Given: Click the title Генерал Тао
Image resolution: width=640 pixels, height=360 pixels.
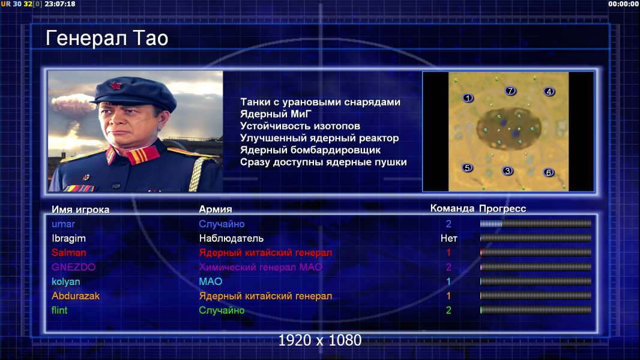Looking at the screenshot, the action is coord(107,38).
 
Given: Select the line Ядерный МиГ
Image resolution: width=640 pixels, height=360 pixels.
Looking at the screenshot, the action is coord(276,114).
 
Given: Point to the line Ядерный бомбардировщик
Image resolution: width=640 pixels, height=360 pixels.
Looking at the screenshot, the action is coord(310,150).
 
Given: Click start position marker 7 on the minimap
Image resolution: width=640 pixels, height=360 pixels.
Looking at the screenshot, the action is coord(510,91).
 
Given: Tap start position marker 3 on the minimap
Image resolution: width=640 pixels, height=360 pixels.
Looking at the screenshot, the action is coord(507,171).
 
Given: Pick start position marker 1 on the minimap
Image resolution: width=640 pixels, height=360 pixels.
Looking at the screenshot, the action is coord(468,98).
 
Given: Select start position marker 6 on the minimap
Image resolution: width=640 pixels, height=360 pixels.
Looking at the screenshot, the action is coord(549,172).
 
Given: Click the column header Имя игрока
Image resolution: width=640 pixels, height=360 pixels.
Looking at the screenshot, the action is coord(80,209).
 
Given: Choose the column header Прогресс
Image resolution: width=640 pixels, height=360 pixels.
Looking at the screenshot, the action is coord(503,209).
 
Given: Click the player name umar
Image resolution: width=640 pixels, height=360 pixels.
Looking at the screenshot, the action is coord(63,224).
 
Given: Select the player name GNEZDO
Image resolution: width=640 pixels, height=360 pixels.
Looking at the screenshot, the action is coord(73,267).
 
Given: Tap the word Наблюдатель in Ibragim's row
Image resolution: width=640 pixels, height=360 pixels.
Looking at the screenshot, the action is coord(231,239).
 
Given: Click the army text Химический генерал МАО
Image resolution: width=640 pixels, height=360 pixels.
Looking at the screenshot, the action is coord(261,267).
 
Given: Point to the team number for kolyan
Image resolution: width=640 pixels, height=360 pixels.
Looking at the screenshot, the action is coord(448,281).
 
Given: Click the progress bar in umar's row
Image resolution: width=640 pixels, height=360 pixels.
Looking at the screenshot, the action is coord(536,223).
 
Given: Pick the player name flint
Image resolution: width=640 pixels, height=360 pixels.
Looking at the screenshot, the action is coord(59,310).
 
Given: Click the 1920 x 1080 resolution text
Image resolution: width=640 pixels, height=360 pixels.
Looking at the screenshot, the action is coord(320,340).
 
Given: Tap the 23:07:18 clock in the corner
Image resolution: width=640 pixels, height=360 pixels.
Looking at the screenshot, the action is coord(60,4).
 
